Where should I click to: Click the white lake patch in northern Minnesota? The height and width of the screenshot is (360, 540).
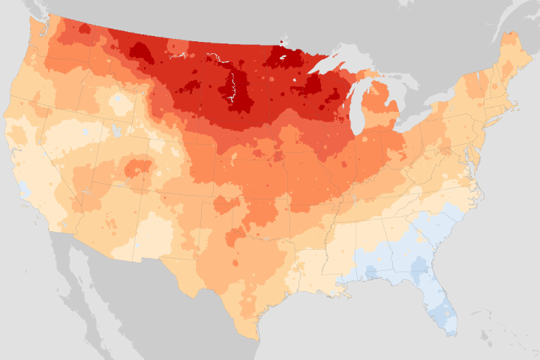pyautogui.click(x=283, y=58)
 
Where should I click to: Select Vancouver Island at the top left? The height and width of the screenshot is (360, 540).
pyautogui.click(x=30, y=9)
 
